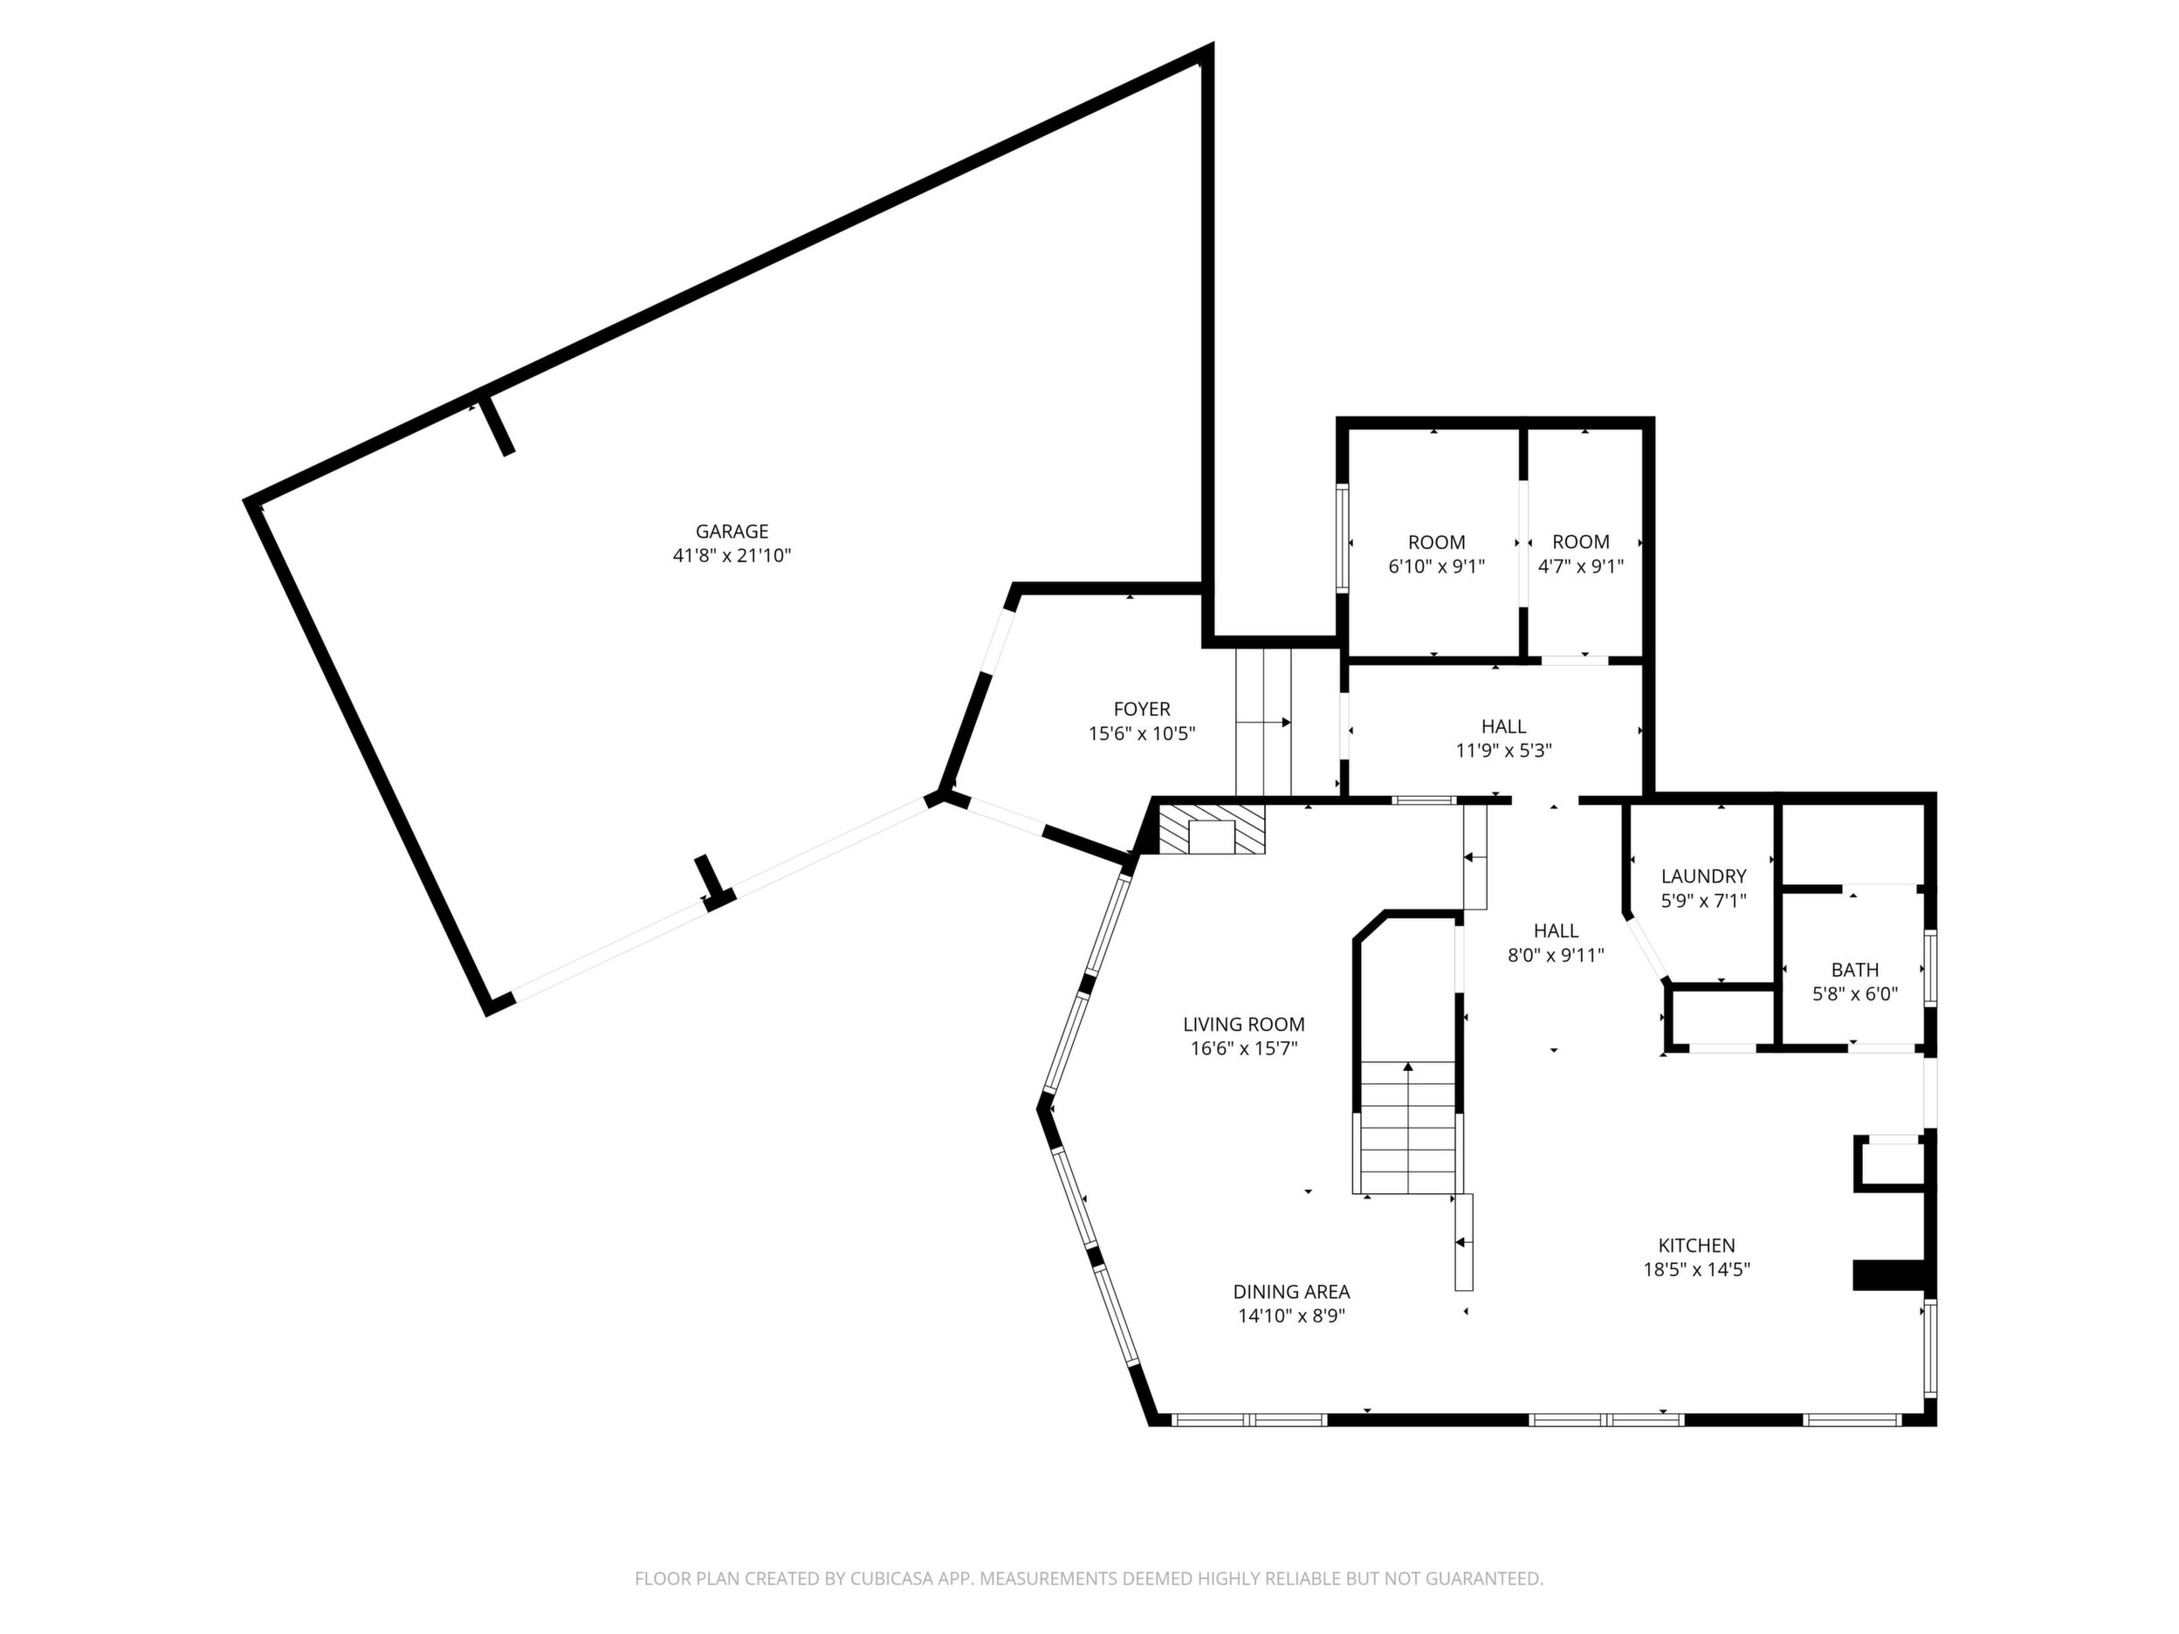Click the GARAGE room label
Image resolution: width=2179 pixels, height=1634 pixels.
pyautogui.click(x=731, y=532)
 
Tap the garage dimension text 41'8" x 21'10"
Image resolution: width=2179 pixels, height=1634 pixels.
pyautogui.click(x=732, y=555)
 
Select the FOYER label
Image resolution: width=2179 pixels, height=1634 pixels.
pyautogui.click(x=1142, y=709)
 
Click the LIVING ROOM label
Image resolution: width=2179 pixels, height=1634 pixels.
pyautogui.click(x=1244, y=1025)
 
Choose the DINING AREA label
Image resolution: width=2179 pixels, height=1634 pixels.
pyautogui.click(x=1291, y=1291)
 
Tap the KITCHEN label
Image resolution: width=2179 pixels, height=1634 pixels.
pyautogui.click(x=1696, y=1245)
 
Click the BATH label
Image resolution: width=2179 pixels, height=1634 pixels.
pyautogui.click(x=1855, y=970)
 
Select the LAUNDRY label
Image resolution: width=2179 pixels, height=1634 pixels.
pyautogui.click(x=1703, y=875)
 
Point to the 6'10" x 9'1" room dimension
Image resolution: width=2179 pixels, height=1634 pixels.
pyautogui.click(x=1436, y=566)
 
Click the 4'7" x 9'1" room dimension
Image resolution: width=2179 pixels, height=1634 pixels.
pyautogui.click(x=1581, y=566)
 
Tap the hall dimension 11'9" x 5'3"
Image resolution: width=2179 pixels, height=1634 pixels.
pyautogui.click(x=1504, y=751)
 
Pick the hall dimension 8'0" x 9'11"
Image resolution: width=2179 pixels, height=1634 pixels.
pyautogui.click(x=1557, y=954)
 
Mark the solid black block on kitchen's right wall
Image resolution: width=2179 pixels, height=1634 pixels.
pyautogui.click(x=1889, y=1274)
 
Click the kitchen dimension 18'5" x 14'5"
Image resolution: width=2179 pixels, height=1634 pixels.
pyautogui.click(x=1696, y=1269)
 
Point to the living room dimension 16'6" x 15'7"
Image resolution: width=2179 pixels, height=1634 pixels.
pyautogui.click(x=1244, y=1049)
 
